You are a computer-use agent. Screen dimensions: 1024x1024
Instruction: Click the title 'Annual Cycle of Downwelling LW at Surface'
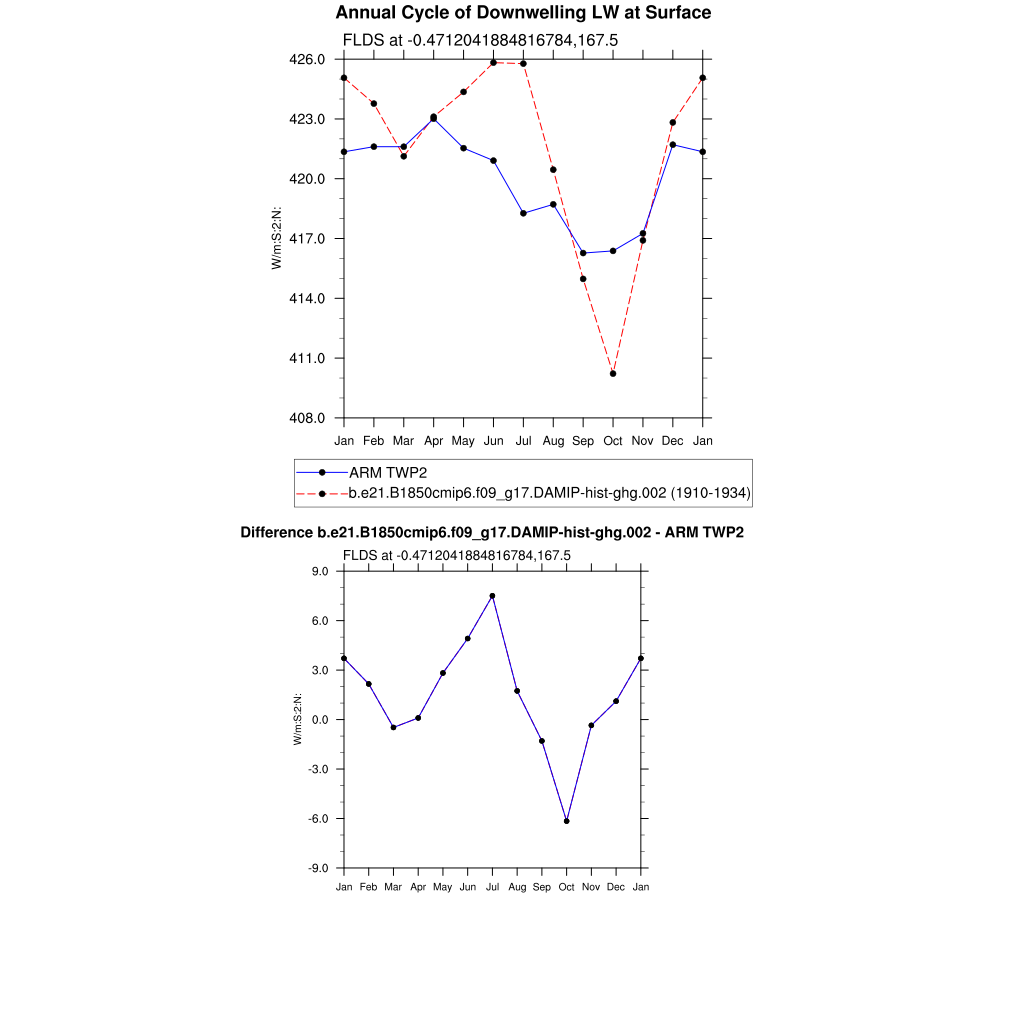coord(523,13)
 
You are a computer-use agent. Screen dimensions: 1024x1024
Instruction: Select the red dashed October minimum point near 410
coord(613,374)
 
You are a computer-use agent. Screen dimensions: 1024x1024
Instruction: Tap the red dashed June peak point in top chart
coord(493,63)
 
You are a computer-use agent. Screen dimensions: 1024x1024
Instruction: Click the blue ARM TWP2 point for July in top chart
coord(523,213)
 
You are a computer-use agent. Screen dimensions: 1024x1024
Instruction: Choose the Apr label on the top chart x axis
coord(433,441)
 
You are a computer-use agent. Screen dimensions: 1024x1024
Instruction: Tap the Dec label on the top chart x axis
coord(673,441)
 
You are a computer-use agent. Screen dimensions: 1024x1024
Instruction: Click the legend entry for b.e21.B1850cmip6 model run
coord(549,493)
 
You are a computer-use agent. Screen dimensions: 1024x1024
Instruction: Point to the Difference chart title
coord(492,533)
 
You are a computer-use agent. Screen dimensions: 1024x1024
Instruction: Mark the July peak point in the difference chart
coord(492,596)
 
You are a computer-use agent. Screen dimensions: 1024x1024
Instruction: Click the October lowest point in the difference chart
coord(567,821)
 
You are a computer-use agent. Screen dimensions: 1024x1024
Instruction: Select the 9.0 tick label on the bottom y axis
coord(322,571)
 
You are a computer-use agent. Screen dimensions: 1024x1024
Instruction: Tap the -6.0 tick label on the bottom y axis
coord(320,819)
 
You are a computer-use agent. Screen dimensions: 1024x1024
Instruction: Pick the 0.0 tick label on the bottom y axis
coord(322,720)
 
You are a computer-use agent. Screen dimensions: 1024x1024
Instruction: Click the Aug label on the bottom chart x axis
coord(517,887)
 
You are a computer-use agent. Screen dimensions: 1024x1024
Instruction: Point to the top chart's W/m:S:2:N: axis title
coord(276,238)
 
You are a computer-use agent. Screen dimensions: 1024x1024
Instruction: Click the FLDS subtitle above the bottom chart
coord(456,555)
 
